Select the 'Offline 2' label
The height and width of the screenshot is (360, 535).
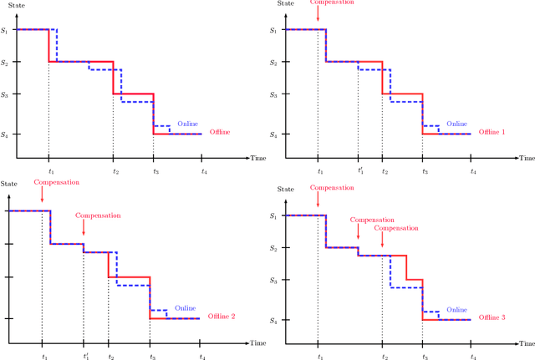click(222, 317)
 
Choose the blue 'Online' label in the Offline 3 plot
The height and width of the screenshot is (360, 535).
click(456, 309)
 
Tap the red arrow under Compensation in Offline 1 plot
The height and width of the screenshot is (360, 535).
click(318, 17)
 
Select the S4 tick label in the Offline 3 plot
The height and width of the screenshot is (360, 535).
click(273, 320)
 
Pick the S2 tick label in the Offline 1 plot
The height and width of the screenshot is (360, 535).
click(273, 62)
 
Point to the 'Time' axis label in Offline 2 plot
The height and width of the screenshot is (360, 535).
click(260, 342)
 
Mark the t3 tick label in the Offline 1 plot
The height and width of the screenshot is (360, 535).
click(424, 171)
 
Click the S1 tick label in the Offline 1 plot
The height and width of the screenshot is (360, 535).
click(273, 30)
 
